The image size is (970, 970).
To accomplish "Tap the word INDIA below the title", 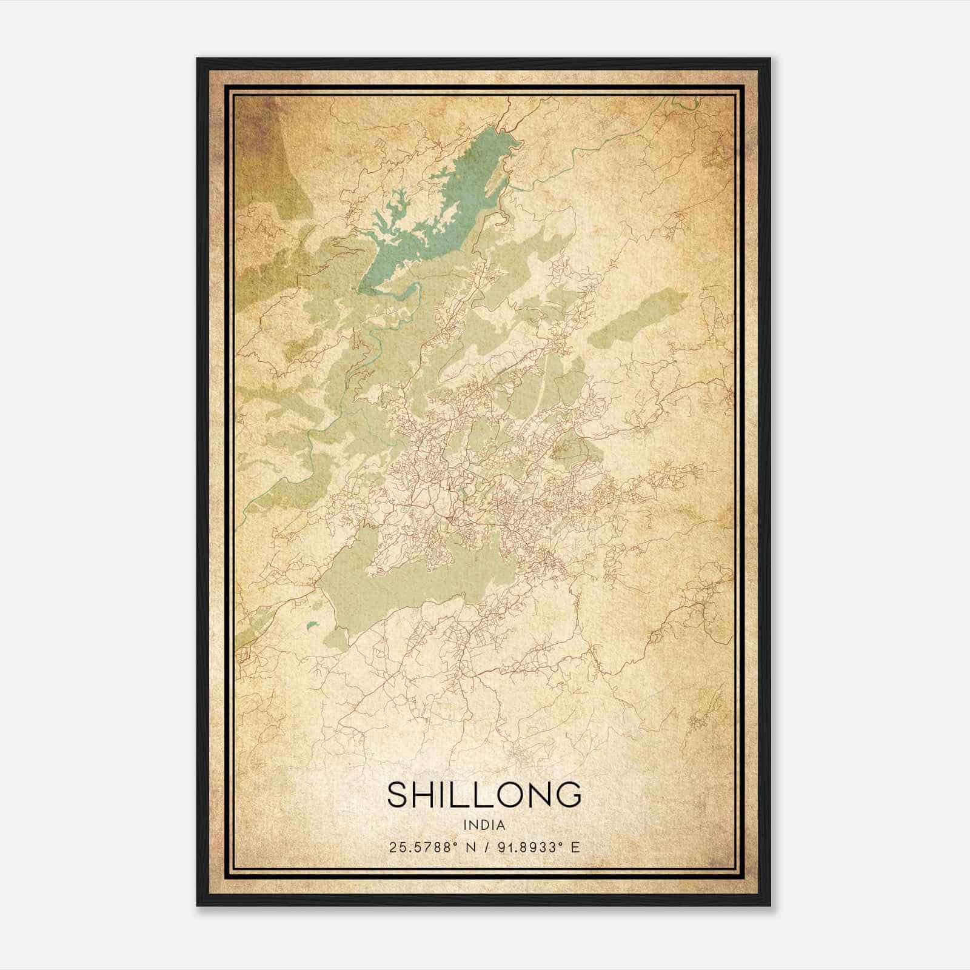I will click(x=484, y=824).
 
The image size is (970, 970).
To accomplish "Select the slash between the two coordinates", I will click(x=486, y=847).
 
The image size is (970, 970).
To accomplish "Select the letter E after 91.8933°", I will click(x=576, y=847).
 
